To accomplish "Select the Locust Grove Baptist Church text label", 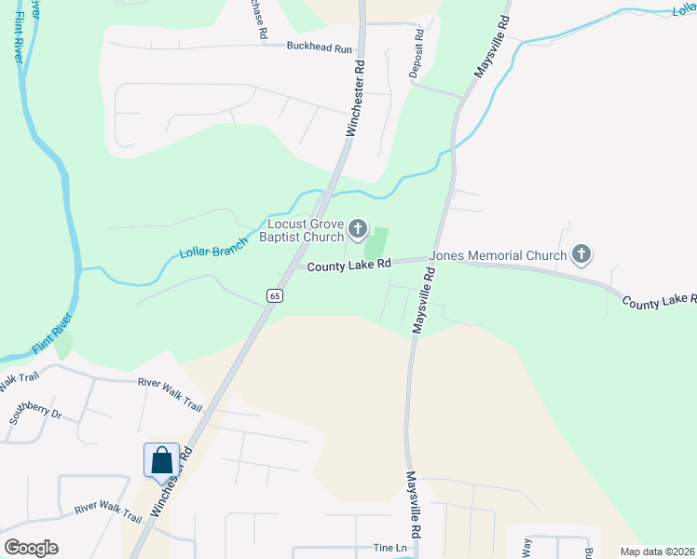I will point(307,230).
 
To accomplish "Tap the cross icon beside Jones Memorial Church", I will point(581,253).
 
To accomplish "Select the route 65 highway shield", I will point(274,296).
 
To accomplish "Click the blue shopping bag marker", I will point(161,460).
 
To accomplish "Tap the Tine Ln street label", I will point(390,548).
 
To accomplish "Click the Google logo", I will point(31,548).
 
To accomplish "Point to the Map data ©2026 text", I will point(657,552).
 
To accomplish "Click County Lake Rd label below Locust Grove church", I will point(348,266).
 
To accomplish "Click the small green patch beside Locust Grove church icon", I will point(376,244).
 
